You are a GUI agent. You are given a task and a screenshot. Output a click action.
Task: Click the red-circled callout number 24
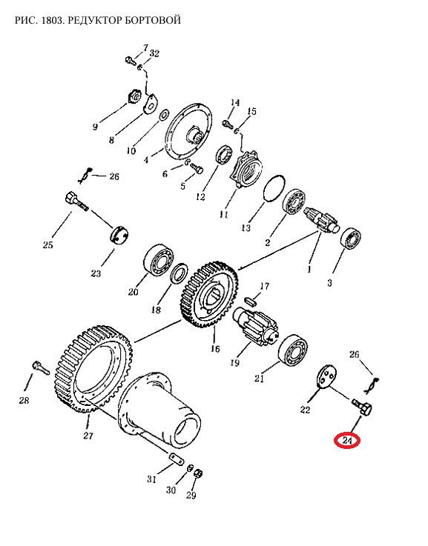pos(347,441)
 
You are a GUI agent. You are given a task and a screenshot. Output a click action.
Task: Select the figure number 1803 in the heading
pos(52,20)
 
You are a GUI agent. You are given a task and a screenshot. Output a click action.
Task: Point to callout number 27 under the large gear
pos(88,436)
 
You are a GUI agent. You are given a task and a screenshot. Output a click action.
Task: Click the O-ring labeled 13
pos(274,188)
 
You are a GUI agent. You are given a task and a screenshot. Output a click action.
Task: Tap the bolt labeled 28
pos(41,367)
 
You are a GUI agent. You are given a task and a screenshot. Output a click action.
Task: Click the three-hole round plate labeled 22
pos(327,376)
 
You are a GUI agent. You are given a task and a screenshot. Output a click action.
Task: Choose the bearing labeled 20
pos(159,260)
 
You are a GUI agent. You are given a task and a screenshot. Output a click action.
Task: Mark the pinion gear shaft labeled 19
pos(255,323)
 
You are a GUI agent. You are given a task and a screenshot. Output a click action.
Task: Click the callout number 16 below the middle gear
pos(215,348)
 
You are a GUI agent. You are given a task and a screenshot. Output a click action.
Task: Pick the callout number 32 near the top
pos(154,53)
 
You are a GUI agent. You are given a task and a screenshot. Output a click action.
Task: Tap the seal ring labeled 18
pos(180,276)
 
